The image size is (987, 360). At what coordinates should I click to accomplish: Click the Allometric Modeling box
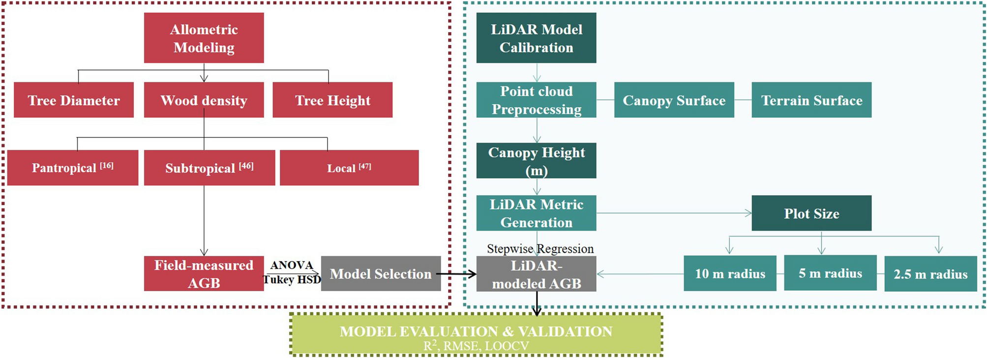tap(204, 38)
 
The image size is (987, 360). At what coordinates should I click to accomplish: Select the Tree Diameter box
tap(74, 100)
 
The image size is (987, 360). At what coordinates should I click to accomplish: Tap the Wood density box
tap(204, 100)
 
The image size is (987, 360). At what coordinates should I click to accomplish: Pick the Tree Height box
tap(332, 100)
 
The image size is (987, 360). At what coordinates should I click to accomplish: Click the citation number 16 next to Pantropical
tap(107, 166)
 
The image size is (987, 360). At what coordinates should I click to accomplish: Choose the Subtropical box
tap(209, 168)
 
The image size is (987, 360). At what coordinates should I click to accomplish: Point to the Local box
tap(349, 168)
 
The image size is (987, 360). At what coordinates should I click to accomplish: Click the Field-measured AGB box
tap(204, 273)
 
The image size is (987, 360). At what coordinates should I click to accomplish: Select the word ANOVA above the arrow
tap(292, 265)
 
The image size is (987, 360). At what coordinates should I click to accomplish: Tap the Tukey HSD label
tap(292, 280)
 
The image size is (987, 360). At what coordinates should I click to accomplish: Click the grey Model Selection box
tap(381, 273)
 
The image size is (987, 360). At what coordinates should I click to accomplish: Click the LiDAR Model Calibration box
tap(536, 38)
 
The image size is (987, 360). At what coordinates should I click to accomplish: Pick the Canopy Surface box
tap(674, 100)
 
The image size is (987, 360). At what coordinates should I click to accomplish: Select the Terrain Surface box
tap(811, 100)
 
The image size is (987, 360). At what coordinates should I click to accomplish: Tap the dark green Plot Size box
tap(811, 213)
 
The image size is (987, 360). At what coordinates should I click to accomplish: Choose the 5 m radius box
tap(830, 273)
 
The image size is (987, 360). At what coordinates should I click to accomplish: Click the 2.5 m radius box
tap(930, 273)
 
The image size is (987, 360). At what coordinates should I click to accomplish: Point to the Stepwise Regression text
tap(540, 249)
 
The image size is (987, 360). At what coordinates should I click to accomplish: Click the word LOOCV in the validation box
tap(507, 346)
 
